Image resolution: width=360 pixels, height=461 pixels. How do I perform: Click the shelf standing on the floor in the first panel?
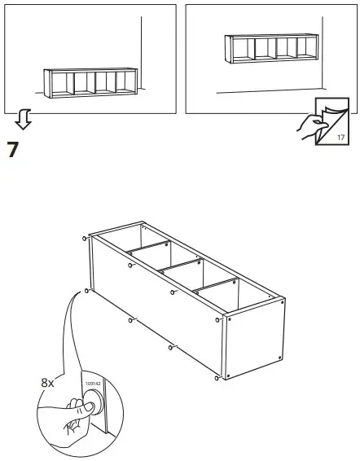click(90, 81)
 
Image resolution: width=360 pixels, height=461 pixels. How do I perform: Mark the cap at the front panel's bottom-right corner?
click(215, 377)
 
